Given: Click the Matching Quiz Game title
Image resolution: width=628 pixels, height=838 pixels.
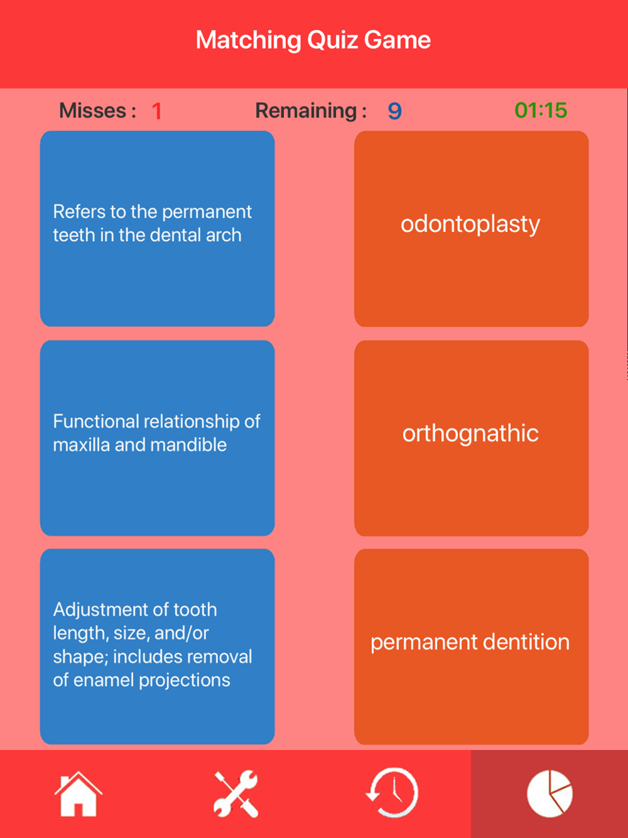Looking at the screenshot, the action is [x=313, y=40].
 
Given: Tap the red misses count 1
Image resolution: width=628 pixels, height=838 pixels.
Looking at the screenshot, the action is [x=157, y=111].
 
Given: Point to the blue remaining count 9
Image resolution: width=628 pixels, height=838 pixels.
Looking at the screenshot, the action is [x=394, y=111].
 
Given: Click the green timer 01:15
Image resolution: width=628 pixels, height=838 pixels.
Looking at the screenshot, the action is [x=541, y=111].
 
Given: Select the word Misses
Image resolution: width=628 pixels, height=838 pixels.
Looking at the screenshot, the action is [x=93, y=111].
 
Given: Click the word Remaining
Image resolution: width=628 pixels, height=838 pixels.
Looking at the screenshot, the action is [x=306, y=111].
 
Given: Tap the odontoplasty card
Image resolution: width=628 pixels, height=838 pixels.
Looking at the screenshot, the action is [x=471, y=229].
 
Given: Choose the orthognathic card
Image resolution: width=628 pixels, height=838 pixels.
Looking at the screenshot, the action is [x=471, y=438].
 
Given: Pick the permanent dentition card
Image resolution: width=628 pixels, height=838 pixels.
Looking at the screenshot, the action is [x=471, y=647].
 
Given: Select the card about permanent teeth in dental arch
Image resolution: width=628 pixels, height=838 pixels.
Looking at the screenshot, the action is [x=157, y=229].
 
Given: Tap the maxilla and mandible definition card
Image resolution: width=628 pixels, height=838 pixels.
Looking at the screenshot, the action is [x=157, y=438].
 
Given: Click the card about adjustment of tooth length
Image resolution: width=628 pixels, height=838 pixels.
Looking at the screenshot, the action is [x=157, y=647].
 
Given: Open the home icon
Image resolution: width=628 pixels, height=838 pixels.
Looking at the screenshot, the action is [x=78, y=794].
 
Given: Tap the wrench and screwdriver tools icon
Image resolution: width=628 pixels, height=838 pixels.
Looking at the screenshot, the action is [x=235, y=794].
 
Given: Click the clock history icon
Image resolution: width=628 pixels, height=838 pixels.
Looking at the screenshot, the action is [x=392, y=793].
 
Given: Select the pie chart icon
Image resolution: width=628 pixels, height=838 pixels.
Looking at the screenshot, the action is [x=549, y=794].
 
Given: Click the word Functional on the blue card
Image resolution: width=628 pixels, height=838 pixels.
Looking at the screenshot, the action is [x=96, y=422].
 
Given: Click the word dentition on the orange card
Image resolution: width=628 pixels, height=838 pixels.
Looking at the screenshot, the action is [x=521, y=642].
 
